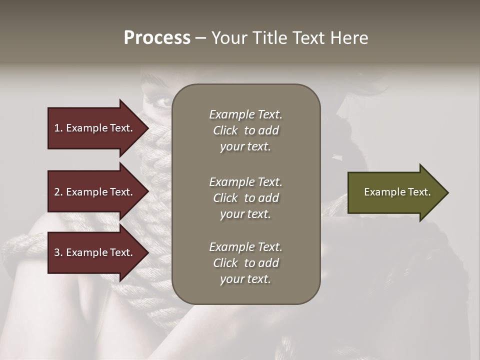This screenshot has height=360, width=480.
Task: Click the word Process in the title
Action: [157, 38]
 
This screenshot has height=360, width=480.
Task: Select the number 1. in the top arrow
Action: [58, 128]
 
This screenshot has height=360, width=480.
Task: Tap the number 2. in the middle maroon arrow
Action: [58, 192]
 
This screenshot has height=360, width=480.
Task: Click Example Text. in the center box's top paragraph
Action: [245, 114]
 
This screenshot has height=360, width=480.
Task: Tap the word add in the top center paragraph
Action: [269, 130]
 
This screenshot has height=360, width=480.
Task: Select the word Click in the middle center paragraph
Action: [225, 198]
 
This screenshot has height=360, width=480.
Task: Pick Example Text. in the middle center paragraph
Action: [245, 182]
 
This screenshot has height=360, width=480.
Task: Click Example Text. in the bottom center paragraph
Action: [245, 247]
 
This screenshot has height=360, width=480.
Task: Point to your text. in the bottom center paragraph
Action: [245, 279]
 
